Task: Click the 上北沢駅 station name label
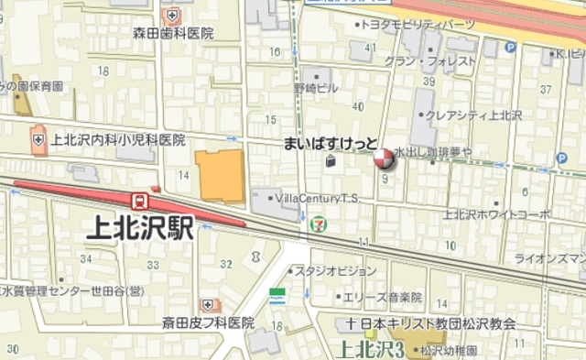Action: [x=140, y=229]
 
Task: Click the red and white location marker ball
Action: [x=384, y=160]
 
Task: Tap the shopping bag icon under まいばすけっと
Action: [x=330, y=162]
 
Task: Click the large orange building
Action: [x=220, y=178]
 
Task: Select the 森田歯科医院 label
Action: [x=173, y=34]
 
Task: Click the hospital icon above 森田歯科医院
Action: [x=172, y=15]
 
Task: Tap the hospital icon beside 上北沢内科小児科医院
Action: [x=38, y=140]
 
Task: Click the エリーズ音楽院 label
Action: [x=383, y=298]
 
